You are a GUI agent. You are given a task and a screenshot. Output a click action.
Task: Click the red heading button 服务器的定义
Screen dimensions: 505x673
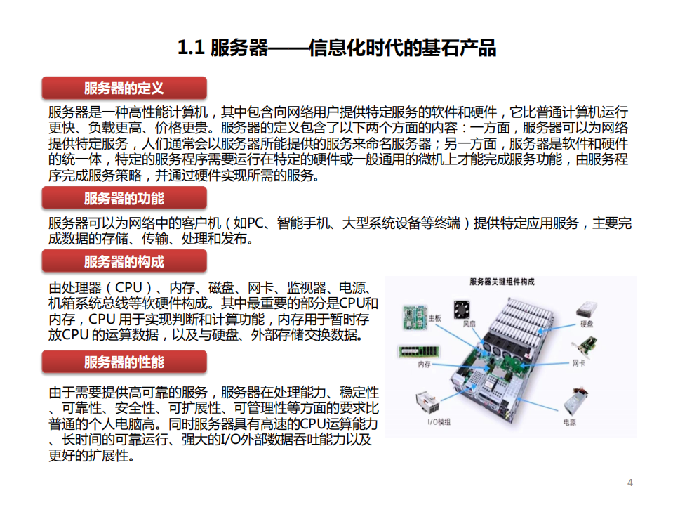(124, 88)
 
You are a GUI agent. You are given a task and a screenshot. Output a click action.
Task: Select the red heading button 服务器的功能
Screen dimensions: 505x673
(124, 198)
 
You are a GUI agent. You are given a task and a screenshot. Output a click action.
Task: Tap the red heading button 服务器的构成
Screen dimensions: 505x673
(124, 262)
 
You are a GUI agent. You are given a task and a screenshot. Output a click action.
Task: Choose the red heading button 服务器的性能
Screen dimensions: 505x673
(124, 362)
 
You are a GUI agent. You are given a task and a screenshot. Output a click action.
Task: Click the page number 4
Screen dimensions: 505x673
(629, 482)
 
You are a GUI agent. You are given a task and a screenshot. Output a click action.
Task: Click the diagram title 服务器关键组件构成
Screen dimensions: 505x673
(502, 282)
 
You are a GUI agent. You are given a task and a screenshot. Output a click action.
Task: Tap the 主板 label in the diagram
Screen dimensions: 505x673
(434, 319)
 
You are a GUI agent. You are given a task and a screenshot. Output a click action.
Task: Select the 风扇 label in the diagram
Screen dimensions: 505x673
(469, 324)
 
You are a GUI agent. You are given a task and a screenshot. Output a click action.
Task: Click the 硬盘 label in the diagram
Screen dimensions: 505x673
(587, 324)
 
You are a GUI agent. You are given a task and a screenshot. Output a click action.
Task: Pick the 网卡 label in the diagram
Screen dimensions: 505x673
(579, 362)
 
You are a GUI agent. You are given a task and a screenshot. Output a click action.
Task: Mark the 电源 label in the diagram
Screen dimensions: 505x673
(569, 421)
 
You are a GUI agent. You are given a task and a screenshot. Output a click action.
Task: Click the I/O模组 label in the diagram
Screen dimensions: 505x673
(439, 421)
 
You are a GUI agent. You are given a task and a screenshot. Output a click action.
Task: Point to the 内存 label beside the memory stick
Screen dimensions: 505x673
(425, 365)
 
